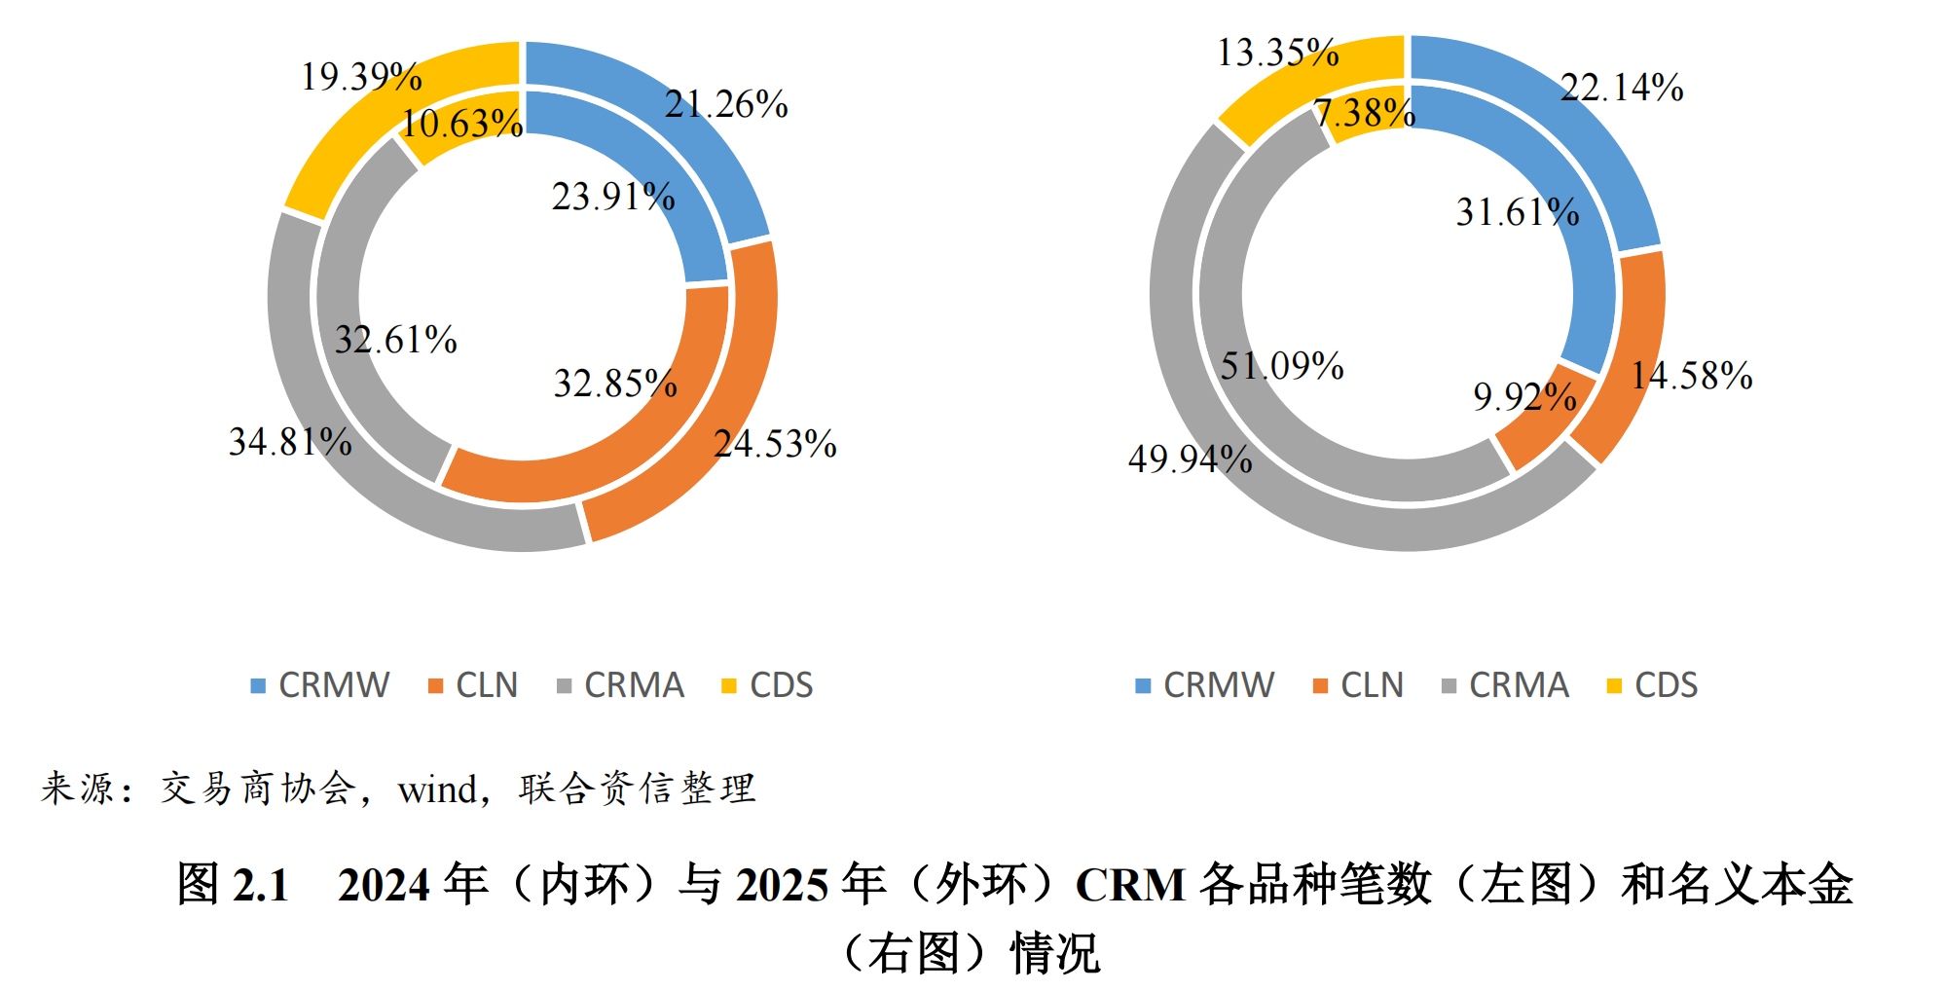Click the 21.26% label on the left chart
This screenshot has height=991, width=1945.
click(x=726, y=104)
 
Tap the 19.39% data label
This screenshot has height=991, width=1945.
click(x=361, y=77)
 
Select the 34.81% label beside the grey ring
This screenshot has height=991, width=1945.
click(x=290, y=442)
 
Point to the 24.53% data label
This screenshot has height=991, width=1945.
click(x=775, y=444)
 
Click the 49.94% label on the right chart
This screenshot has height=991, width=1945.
click(x=1190, y=459)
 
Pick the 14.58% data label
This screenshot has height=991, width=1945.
click(x=1692, y=376)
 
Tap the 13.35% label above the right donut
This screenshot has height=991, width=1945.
click(x=1277, y=53)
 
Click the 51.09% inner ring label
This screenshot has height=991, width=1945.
click(x=1282, y=366)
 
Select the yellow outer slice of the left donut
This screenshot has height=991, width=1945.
click(x=389, y=107)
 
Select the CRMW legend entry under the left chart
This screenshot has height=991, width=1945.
click(x=321, y=685)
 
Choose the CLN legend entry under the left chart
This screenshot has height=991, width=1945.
click(x=474, y=685)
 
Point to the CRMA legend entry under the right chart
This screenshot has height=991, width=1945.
click(x=1506, y=685)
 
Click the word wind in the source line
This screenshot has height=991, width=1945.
click(x=437, y=789)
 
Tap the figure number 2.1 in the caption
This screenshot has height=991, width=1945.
click(x=261, y=885)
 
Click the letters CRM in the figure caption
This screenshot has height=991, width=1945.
click(x=1130, y=885)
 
